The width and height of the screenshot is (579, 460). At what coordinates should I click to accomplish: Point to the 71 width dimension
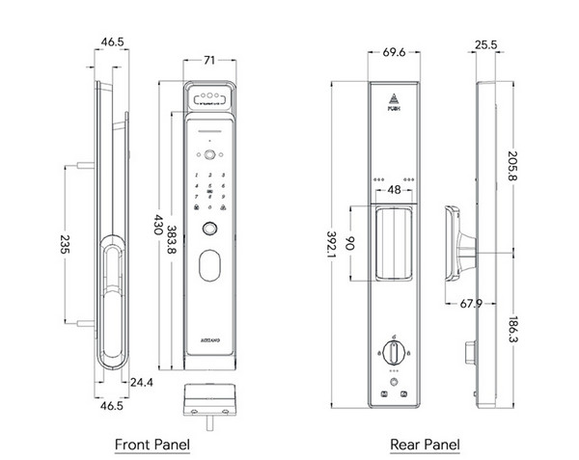(x=208, y=59)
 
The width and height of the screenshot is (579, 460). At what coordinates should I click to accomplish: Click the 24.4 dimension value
(x=141, y=381)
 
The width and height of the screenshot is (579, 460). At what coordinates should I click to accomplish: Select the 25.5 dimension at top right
(x=486, y=43)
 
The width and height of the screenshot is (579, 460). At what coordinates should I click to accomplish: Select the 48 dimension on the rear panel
(x=394, y=191)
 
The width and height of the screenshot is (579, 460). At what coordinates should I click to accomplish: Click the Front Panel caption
(x=152, y=445)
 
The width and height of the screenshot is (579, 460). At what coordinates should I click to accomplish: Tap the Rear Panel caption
(x=426, y=445)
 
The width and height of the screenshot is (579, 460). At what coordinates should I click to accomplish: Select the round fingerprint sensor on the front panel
(x=208, y=230)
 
